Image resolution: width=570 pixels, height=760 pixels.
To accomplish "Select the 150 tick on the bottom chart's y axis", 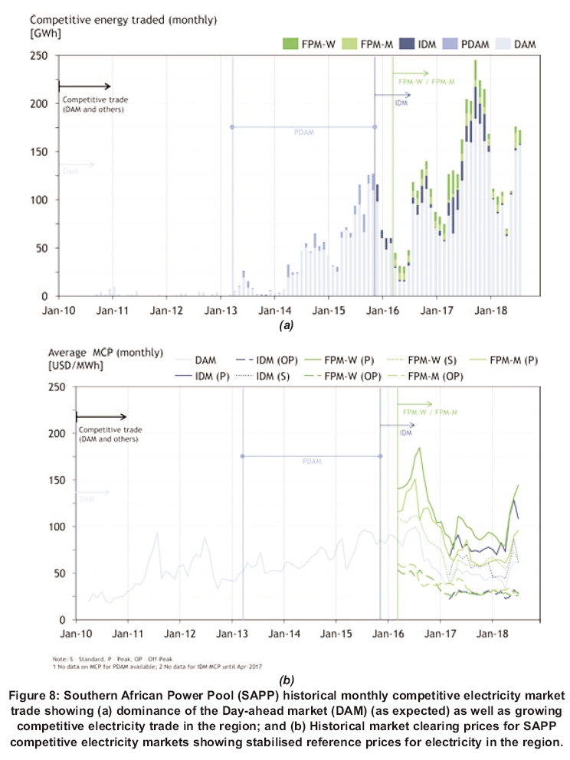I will (57, 480).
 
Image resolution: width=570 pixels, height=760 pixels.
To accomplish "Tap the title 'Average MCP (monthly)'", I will (105, 353).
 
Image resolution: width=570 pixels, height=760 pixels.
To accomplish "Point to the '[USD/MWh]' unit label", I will (76, 365).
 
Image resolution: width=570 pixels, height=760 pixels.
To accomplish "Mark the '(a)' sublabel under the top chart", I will (286, 325).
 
